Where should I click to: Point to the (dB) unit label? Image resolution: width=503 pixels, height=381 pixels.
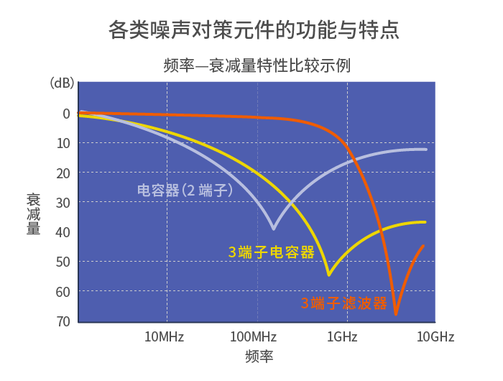point(62,83)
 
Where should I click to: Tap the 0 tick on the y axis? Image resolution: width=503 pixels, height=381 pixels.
point(66,114)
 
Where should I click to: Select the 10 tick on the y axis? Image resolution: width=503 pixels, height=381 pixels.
point(63,143)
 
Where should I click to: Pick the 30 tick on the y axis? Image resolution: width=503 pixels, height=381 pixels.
point(63,203)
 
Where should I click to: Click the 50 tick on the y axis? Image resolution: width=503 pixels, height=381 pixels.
point(63,262)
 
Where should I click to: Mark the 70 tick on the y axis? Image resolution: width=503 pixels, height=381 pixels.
point(63,321)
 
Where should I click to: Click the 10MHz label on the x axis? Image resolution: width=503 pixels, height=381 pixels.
point(165,337)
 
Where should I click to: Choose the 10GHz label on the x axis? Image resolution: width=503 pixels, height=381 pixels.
point(435,337)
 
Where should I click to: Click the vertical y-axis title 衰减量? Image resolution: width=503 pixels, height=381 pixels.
point(33,214)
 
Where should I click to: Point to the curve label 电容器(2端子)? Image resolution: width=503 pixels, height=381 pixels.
point(186,190)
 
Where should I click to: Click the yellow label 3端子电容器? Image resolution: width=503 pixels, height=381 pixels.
point(272,252)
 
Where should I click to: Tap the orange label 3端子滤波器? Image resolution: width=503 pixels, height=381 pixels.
point(344,303)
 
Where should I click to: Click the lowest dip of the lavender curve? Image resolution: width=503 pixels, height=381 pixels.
point(273,229)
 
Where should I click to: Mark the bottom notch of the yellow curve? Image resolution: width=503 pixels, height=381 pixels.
point(328,275)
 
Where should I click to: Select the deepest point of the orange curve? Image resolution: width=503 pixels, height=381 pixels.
point(396,314)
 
